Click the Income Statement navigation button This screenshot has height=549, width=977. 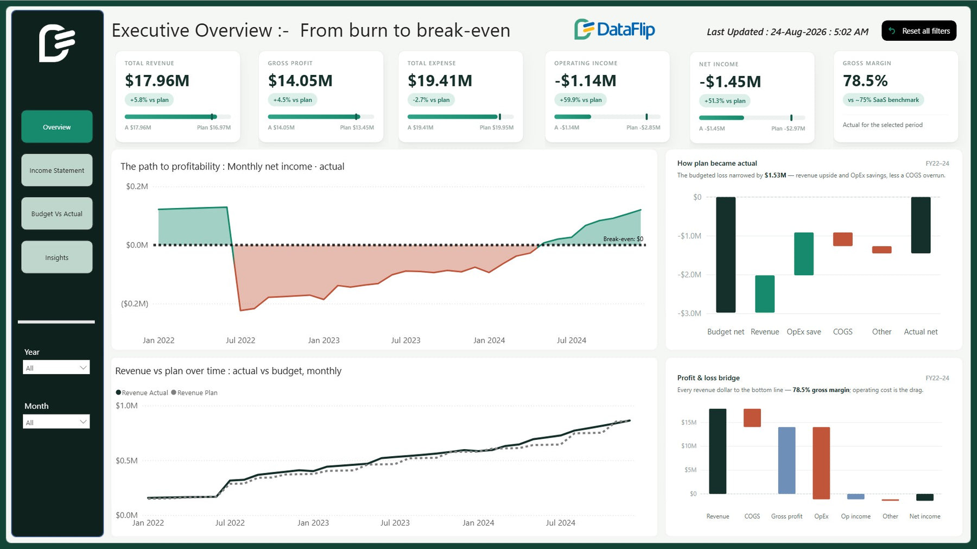(57, 170)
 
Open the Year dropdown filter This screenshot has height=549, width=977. (56, 368)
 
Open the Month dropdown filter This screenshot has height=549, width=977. (56, 422)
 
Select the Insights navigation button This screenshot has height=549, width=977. (57, 257)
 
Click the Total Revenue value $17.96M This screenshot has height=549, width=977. (157, 80)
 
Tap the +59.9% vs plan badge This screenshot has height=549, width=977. (581, 100)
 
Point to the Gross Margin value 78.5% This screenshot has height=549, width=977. (865, 80)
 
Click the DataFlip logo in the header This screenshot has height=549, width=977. (614, 29)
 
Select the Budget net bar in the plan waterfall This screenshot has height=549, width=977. (726, 255)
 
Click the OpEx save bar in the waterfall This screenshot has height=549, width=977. (804, 254)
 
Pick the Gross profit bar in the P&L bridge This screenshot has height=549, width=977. (786, 460)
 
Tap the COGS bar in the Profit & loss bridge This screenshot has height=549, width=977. (752, 418)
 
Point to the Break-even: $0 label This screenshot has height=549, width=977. (623, 239)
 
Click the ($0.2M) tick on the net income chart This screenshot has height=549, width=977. (135, 304)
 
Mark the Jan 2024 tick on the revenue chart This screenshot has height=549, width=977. (478, 523)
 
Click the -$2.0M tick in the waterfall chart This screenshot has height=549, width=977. (689, 275)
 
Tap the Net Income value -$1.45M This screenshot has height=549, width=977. (730, 81)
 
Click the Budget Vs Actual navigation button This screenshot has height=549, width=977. (57, 213)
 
